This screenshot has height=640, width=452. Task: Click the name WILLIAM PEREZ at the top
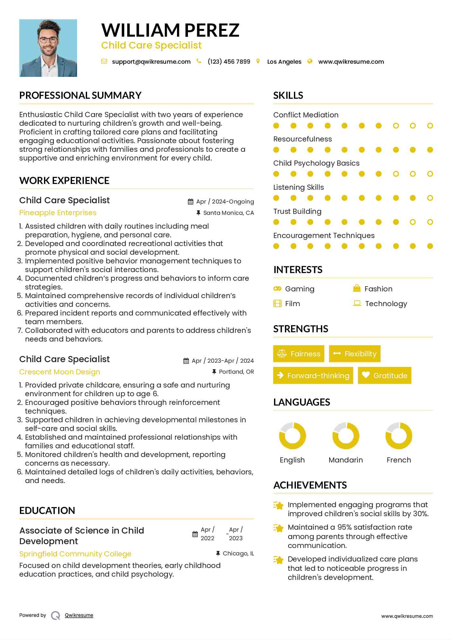[170, 30]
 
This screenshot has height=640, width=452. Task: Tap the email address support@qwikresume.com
[151, 62]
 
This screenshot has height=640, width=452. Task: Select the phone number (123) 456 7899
[229, 62]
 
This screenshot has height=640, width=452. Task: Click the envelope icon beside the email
[104, 61]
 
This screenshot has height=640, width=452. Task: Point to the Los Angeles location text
[284, 62]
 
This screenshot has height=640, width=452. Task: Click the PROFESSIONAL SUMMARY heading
[80, 96]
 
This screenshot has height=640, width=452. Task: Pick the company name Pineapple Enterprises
[58, 213]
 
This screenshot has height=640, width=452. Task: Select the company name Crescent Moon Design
[60, 372]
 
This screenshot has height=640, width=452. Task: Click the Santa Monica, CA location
[228, 213]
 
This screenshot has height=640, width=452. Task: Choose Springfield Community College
[75, 554]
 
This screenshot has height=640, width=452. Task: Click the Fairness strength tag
[298, 354]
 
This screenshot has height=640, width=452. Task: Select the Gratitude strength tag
[385, 376]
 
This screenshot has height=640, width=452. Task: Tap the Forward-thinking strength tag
[313, 376]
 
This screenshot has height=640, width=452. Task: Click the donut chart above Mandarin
[346, 436]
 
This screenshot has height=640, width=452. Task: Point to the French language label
[399, 460]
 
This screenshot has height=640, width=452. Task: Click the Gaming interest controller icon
[277, 289]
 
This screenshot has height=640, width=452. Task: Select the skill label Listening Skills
[298, 187]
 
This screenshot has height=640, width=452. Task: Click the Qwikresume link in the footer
[79, 615]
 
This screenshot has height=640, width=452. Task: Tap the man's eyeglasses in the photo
[48, 40]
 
